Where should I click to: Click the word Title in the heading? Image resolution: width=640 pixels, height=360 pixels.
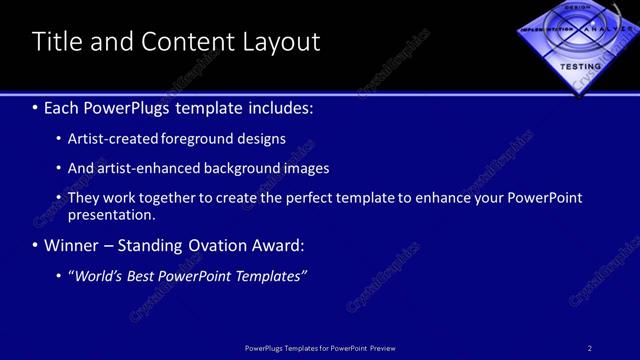click(56, 42)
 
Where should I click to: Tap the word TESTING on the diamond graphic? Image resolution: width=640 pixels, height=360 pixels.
click(579, 65)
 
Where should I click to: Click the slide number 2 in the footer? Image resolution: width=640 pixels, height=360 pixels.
click(590, 348)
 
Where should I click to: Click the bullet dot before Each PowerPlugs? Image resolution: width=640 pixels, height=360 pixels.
click(36, 106)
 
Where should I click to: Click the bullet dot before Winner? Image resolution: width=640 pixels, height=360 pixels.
click(36, 245)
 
